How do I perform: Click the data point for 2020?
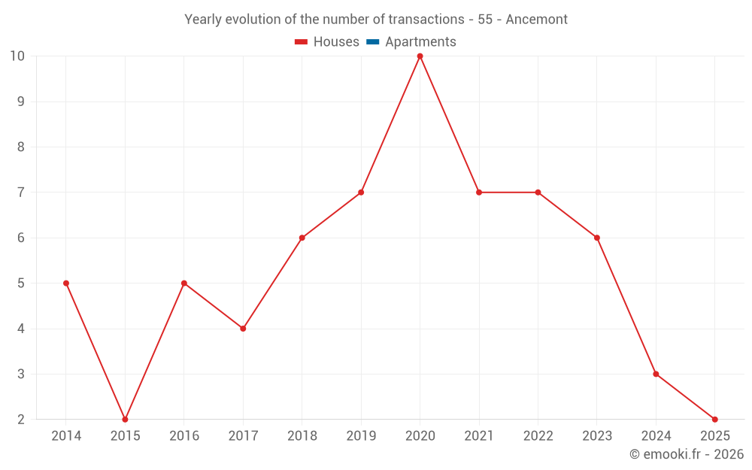pyautogui.click(x=420, y=56)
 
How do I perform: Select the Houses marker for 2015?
pyautogui.click(x=125, y=419)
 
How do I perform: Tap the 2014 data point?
pyautogui.click(x=66, y=284)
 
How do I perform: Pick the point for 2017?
pyautogui.click(x=243, y=329)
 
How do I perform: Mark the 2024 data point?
pyautogui.click(x=656, y=374)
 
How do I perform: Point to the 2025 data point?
pyautogui.click(x=714, y=419)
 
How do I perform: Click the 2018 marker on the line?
pyautogui.click(x=302, y=238)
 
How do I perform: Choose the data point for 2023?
pyautogui.click(x=596, y=238)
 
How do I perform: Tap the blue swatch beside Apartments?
pyautogui.click(x=373, y=42)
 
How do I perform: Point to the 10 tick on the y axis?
pyautogui.click(x=17, y=56)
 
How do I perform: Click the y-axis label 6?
pyautogui.click(x=21, y=238)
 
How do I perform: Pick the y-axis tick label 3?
pyautogui.click(x=21, y=374)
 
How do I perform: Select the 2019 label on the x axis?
pyautogui.click(x=361, y=436)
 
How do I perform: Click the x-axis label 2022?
pyautogui.click(x=538, y=436)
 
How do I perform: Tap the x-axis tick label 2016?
pyautogui.click(x=184, y=436)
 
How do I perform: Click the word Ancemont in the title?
pyautogui.click(x=536, y=19)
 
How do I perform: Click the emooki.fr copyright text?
pyautogui.click(x=687, y=454)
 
